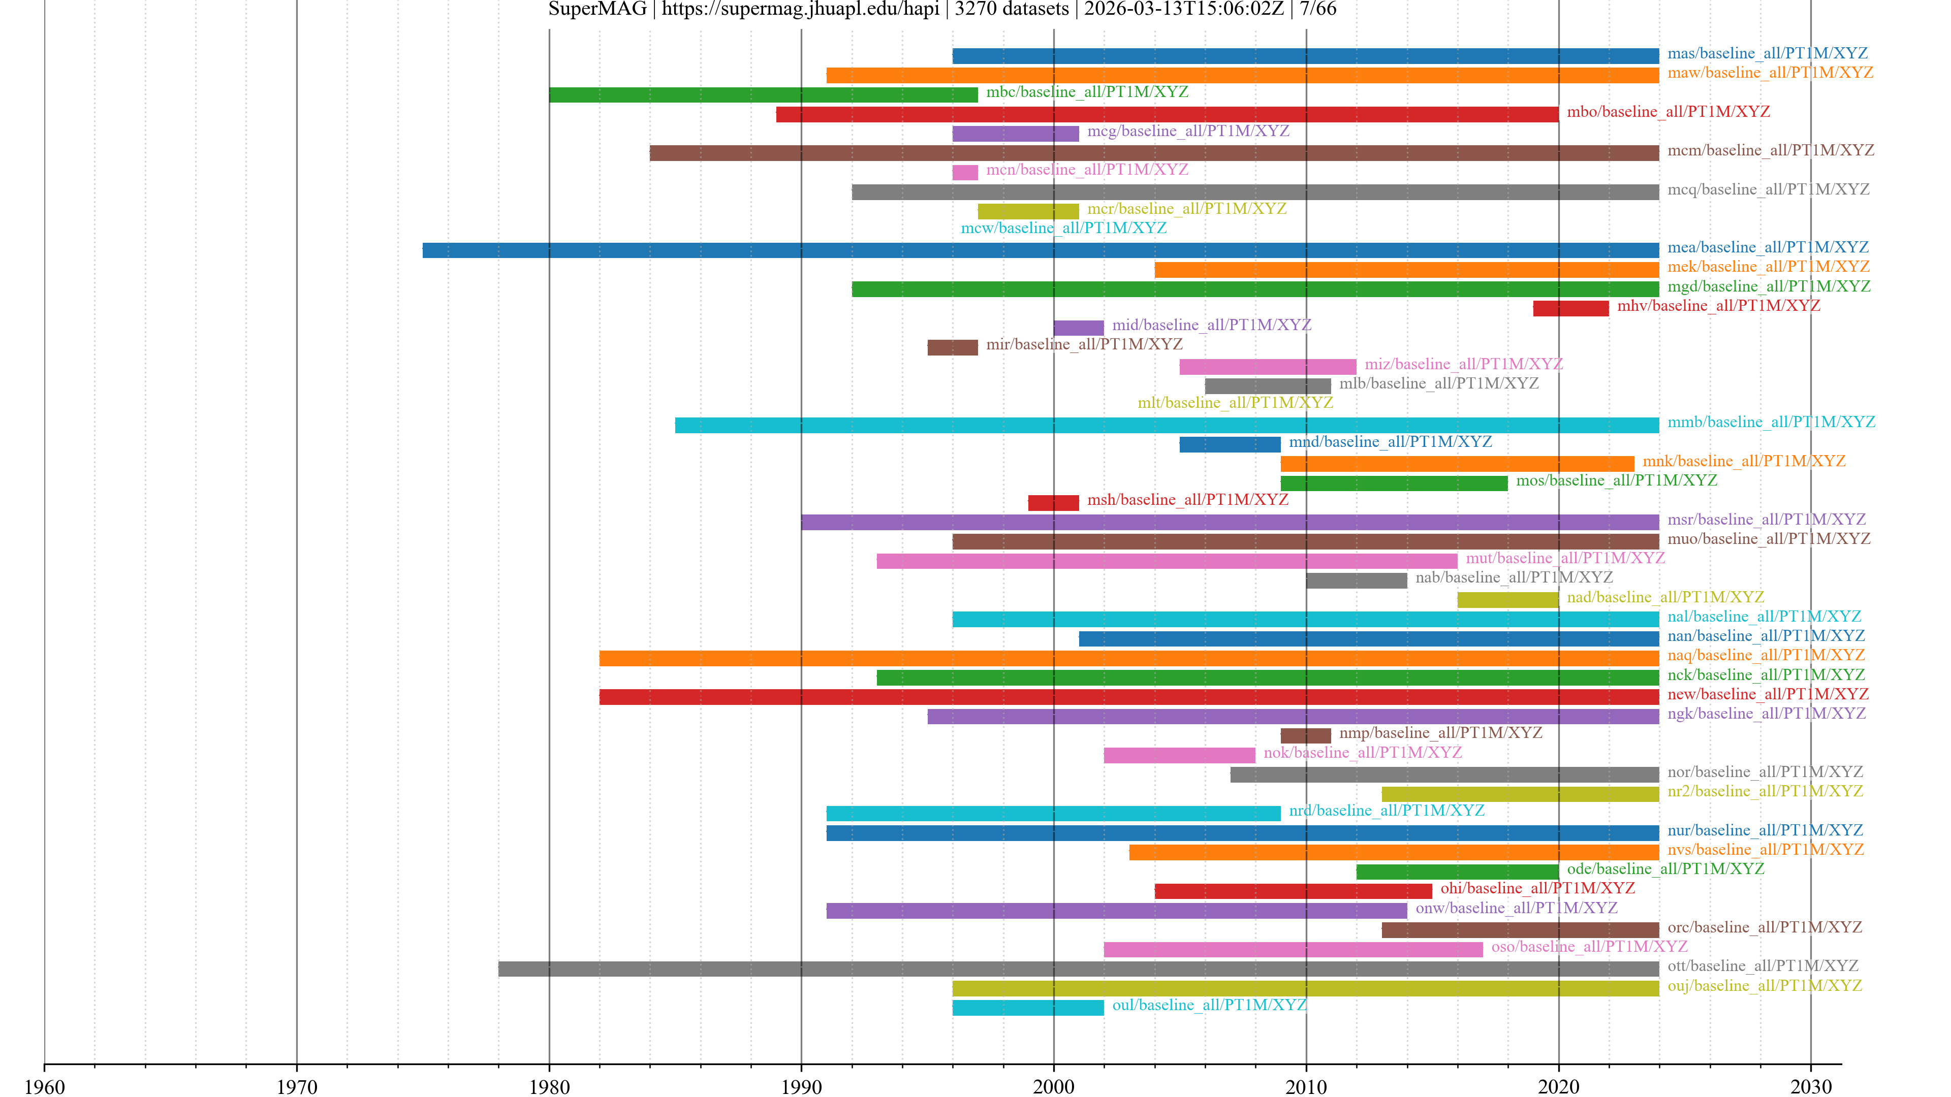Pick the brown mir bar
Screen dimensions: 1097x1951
[x=952, y=347]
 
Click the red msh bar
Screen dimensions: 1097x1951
[x=1053, y=503]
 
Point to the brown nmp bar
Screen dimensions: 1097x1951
[x=1305, y=736]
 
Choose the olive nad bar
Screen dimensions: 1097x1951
[x=1507, y=600]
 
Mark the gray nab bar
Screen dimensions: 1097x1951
[x=1356, y=580]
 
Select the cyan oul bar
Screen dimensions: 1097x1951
[x=1028, y=1008]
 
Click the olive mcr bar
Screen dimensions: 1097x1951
[x=1028, y=211]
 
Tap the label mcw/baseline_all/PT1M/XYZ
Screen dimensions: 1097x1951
[x=1063, y=228]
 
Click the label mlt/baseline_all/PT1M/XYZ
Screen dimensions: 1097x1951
[x=1235, y=403]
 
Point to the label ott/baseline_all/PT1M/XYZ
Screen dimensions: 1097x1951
[x=1763, y=966]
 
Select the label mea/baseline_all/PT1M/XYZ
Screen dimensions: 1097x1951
[x=1768, y=247]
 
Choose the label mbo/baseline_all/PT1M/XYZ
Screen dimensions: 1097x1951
[x=1667, y=112]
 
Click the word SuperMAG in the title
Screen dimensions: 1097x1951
[x=597, y=9]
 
